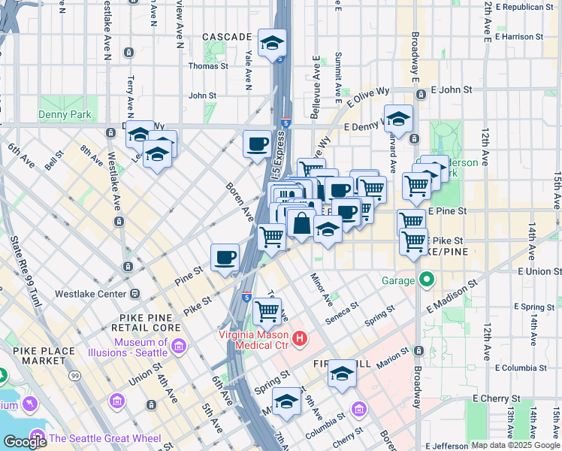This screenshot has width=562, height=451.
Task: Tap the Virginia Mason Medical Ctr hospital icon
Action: coord(300,340)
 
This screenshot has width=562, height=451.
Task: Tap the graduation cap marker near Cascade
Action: coord(272,43)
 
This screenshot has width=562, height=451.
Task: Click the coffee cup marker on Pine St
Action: coord(225,258)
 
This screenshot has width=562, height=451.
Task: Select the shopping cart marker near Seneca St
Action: coord(267,310)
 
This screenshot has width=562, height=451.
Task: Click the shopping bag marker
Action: coord(301,223)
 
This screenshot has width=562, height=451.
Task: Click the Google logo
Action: coord(25,442)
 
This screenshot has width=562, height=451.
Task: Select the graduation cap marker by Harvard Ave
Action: coord(398,118)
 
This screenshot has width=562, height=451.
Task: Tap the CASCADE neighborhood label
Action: coord(227,37)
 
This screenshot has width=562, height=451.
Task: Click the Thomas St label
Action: coord(208,66)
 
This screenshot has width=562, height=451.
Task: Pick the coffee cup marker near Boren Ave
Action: coord(257,144)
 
